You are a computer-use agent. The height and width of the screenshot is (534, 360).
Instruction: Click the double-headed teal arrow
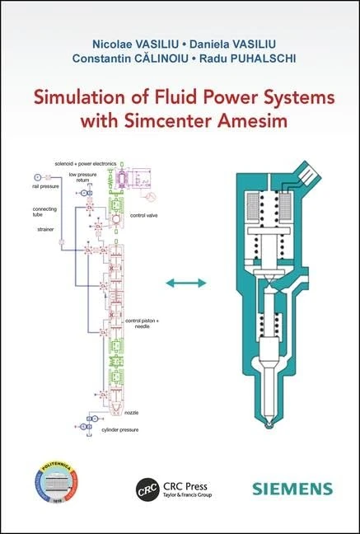pyautogui.click(x=185, y=283)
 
